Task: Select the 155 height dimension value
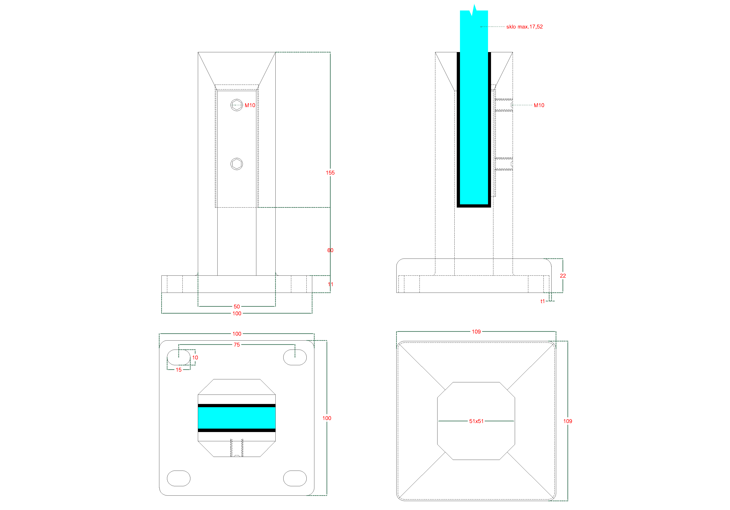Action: [x=330, y=173]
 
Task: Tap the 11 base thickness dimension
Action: [x=331, y=284]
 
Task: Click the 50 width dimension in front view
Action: [x=237, y=307]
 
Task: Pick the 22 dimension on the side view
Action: [x=563, y=276]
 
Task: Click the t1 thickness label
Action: [x=543, y=301]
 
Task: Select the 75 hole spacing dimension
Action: [x=237, y=345]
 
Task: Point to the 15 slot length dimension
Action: [x=179, y=370]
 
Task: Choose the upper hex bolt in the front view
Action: [x=237, y=105]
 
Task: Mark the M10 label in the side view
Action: [x=539, y=105]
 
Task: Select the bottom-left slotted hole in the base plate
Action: [x=179, y=478]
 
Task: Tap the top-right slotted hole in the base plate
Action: [x=295, y=357]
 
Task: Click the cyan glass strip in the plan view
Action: [x=237, y=418]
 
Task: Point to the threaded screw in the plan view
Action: [x=237, y=448]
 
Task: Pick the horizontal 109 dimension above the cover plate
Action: [x=476, y=332]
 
